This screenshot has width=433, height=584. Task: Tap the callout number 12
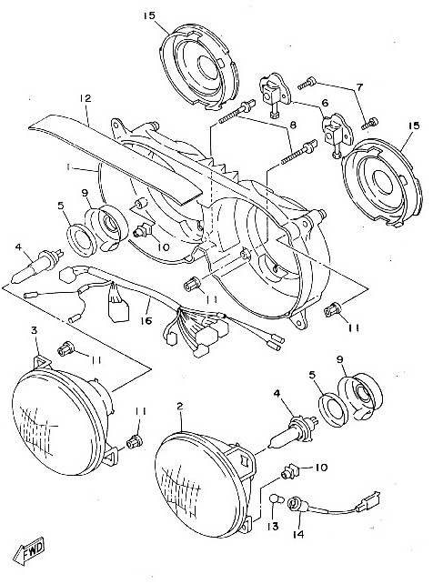(x=86, y=99)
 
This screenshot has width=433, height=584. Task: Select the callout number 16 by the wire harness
(x=146, y=320)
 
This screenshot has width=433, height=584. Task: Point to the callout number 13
(x=273, y=526)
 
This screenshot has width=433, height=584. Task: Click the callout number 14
(x=298, y=534)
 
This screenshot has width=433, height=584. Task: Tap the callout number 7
(x=359, y=87)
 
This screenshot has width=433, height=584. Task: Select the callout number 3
(x=35, y=330)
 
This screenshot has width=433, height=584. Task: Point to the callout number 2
(x=180, y=406)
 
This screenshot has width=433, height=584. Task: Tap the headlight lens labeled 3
(x=62, y=417)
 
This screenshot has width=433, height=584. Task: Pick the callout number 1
(x=67, y=167)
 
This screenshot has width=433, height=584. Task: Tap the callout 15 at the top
(x=149, y=16)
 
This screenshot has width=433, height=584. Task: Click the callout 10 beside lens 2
(x=321, y=467)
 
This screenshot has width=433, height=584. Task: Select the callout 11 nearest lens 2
(x=140, y=411)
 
